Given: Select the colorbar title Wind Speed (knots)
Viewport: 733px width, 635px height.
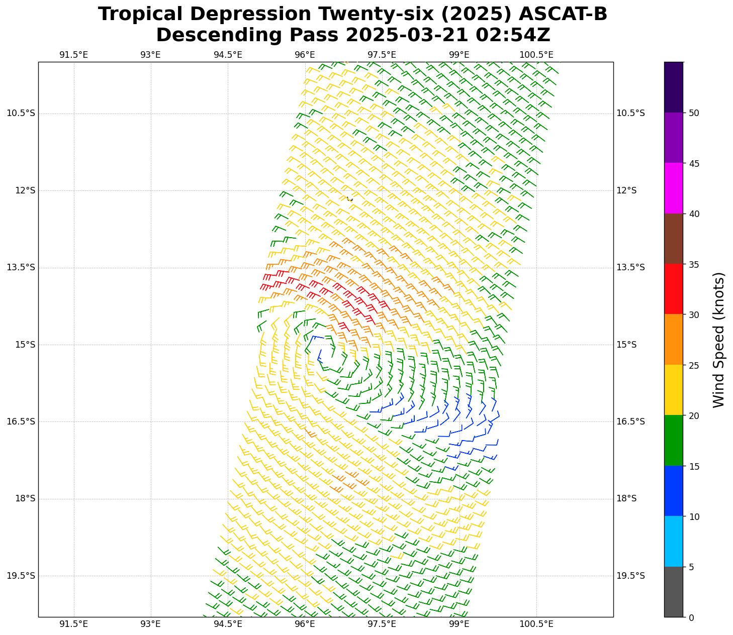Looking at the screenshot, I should coord(719,340).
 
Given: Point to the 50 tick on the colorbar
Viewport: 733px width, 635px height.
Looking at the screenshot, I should coord(694,113).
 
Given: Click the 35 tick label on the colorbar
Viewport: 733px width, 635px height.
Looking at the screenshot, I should coord(694,264).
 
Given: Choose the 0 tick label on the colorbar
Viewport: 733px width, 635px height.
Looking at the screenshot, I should coord(691,617).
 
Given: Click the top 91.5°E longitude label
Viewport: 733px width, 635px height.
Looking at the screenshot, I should coord(73,55).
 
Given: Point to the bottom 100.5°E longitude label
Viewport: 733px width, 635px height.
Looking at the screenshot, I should coord(536,624).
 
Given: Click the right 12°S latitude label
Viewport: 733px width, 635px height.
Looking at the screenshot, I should coord(626,190).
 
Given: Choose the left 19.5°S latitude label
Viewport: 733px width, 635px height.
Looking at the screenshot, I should coord(21,576).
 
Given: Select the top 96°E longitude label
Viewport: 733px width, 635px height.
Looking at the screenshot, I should coord(305,55).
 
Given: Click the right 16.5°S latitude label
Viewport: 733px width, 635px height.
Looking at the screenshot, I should coord(630,421).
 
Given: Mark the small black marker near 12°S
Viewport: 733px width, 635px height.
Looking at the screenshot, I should coord(350,199).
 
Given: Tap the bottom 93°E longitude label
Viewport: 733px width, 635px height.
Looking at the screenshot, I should coord(150,624).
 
